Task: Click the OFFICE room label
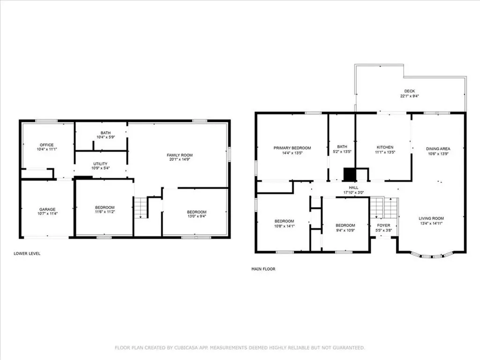(46, 145)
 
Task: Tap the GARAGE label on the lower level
(47, 210)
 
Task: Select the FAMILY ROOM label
(180, 155)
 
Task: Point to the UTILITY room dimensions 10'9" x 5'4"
(100, 168)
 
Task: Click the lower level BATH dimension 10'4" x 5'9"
(105, 137)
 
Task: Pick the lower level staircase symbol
(141, 208)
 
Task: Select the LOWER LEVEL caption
(27, 254)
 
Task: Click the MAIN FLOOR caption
(263, 269)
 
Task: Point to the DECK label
(409, 91)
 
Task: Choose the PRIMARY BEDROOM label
(292, 148)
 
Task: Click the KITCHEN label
(385, 147)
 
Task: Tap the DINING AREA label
(438, 149)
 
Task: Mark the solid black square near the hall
(350, 174)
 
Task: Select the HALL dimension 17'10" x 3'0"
(353, 193)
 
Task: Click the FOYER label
(383, 225)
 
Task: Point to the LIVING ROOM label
(431, 218)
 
